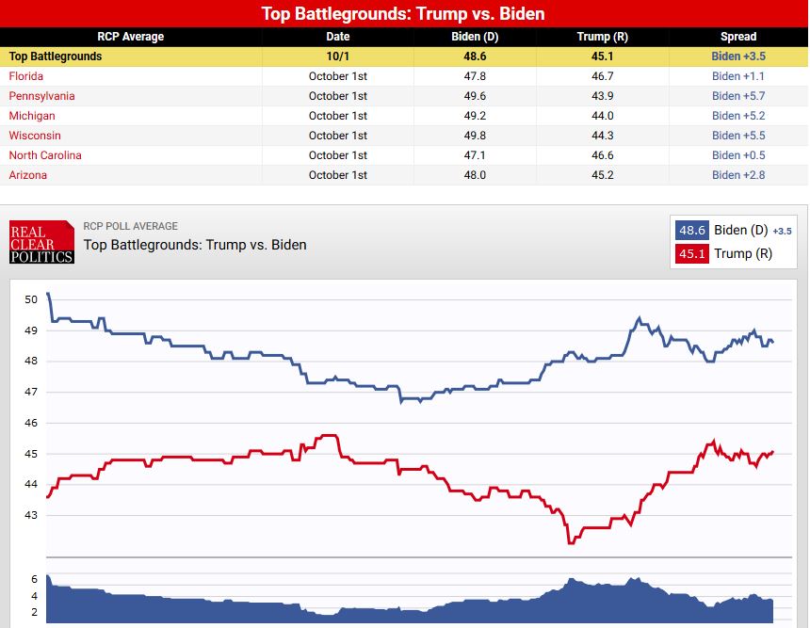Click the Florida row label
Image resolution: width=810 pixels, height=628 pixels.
(x=26, y=76)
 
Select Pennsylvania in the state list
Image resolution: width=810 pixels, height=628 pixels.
(x=41, y=96)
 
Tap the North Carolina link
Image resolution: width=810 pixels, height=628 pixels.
(x=45, y=155)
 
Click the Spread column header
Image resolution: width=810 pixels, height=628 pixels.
(x=738, y=37)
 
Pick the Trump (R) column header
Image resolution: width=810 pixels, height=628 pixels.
(x=603, y=37)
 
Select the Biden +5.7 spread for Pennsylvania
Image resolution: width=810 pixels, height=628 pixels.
(x=738, y=96)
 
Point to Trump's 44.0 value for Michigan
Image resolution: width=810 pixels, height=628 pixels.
(x=603, y=116)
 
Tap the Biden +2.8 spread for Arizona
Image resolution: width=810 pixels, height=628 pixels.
(x=738, y=175)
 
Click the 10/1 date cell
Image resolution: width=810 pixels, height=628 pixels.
(x=337, y=56)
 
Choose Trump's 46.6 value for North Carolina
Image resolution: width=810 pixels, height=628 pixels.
(x=603, y=155)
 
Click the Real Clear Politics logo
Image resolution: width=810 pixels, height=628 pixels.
(x=41, y=242)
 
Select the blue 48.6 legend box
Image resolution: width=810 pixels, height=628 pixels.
(x=691, y=231)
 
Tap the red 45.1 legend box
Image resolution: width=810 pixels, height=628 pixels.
(x=691, y=253)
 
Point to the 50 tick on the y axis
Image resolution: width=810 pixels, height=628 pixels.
(x=31, y=299)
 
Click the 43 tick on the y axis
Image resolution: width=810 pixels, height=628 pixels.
(x=31, y=515)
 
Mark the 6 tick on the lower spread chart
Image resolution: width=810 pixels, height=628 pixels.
(x=34, y=579)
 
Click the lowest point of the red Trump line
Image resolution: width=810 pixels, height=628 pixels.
(x=570, y=542)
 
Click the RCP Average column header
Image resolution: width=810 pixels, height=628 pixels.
(x=131, y=37)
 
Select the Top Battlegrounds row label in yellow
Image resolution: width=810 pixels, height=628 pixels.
(x=56, y=56)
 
